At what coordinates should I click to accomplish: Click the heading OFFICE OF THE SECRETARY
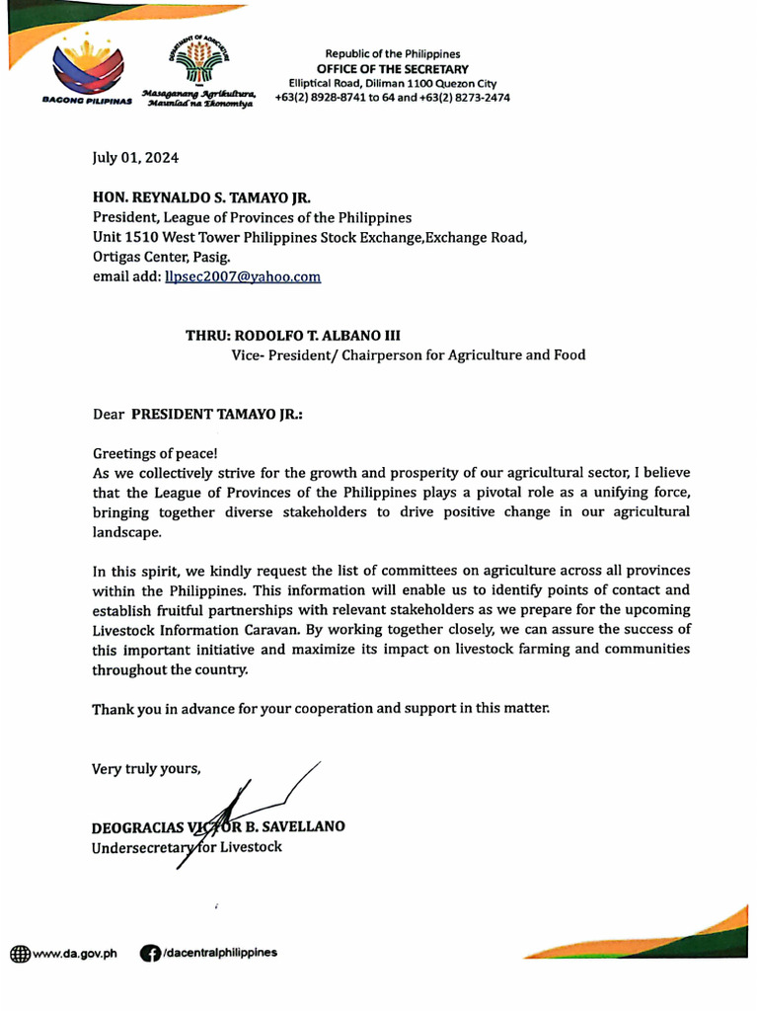(392, 68)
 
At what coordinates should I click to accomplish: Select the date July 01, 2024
(136, 158)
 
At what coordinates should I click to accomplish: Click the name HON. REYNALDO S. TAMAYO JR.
(201, 198)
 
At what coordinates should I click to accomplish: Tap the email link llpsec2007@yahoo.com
(243, 277)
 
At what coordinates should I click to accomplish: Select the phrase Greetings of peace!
(155, 453)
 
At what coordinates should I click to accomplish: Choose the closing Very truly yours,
(146, 768)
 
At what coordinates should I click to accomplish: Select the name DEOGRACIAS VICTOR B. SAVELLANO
(218, 826)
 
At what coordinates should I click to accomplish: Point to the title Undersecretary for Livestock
(187, 847)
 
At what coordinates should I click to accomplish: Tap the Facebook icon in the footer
(150, 953)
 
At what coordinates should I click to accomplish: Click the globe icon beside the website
(20, 954)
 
